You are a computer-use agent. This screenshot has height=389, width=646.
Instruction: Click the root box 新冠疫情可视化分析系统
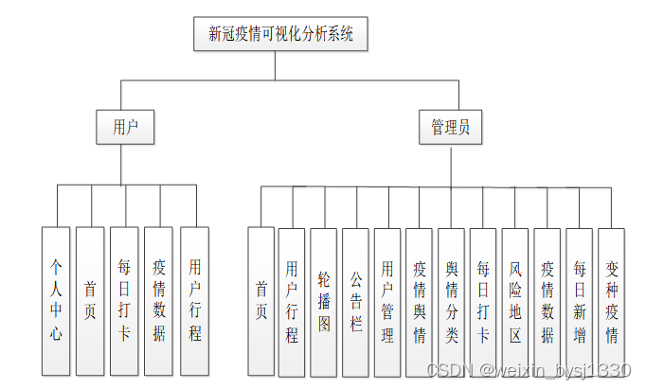pos(280,35)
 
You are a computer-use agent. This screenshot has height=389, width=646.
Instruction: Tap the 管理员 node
pos(450,127)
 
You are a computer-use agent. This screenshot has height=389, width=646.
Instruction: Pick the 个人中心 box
pos(56,300)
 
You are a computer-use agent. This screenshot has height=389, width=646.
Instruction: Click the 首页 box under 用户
pos(90,300)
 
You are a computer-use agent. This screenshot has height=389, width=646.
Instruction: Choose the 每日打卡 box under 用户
pos(124,300)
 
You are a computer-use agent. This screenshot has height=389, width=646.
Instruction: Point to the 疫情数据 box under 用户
pos(158,300)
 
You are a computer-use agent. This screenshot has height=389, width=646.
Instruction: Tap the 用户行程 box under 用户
pos(194,300)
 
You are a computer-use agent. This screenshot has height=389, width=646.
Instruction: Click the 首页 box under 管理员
pos(260,300)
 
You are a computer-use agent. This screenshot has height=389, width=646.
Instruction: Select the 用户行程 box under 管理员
pos(292,300)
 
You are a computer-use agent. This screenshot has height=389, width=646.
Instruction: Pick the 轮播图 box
pos(324,300)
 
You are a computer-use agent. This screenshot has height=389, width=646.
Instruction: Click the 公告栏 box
pos(355,300)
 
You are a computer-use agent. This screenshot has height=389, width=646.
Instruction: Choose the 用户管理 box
pos(387,300)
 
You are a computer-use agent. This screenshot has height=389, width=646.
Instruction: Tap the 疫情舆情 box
pos(420,300)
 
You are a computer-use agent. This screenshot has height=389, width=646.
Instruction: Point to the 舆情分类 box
pos(452,300)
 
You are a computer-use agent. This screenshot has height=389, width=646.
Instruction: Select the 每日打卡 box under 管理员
pos(483,300)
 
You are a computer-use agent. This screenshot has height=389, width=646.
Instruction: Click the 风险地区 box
pos(515,300)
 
